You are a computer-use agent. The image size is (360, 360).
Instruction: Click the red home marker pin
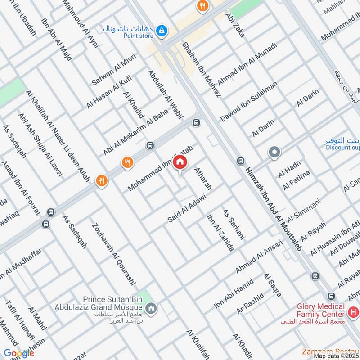point(180,162)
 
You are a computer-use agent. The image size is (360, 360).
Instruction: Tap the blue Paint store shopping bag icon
point(162,31)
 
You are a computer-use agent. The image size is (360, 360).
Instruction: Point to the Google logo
point(19,353)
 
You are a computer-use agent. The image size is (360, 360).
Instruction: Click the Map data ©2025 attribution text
point(337,356)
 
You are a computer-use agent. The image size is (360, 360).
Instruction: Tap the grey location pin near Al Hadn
point(274,153)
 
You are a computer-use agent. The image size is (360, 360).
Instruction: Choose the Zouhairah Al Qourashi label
point(113,254)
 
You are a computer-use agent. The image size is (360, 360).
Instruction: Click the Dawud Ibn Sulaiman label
point(249,102)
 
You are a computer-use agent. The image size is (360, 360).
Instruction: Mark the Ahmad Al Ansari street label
point(259,257)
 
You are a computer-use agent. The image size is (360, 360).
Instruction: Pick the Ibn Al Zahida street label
point(220,233)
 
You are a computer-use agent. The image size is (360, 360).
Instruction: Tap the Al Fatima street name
point(297,180)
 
